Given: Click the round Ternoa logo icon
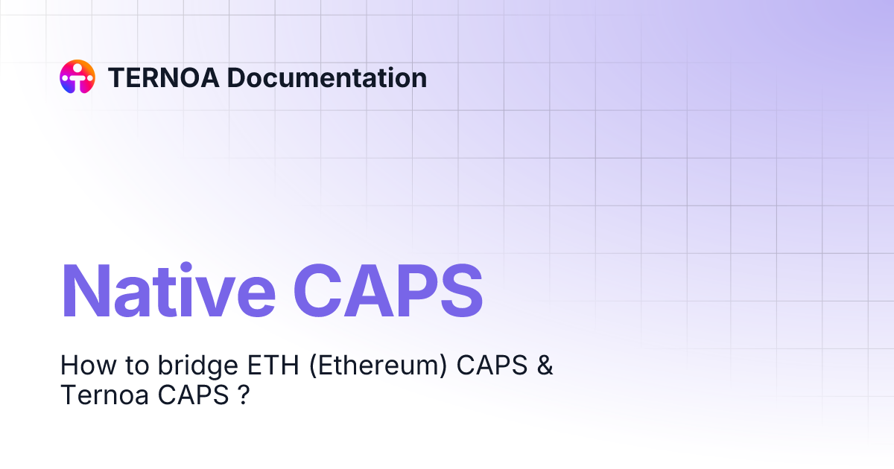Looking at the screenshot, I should [x=77, y=77].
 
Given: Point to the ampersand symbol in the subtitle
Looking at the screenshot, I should [x=545, y=366].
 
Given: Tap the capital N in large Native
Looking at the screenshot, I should [x=84, y=291].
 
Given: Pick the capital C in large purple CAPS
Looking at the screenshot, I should [x=322, y=291].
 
